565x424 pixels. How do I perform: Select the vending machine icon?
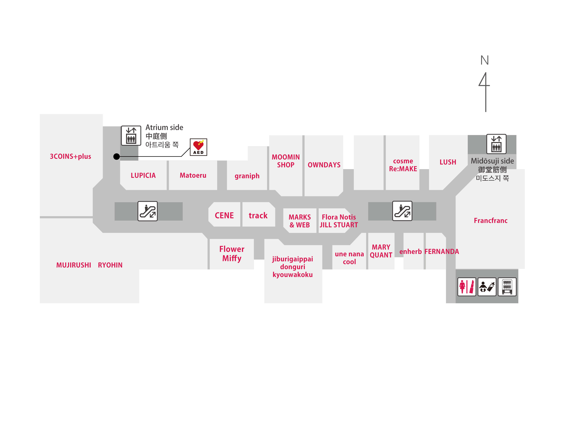tap(507, 287)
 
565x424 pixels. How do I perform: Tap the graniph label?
tap(247, 176)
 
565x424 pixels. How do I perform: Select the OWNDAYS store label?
tap(324, 165)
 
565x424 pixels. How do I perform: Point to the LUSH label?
tap(448, 162)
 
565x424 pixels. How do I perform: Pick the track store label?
tap(258, 216)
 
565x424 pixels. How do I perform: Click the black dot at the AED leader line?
tap(117, 156)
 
